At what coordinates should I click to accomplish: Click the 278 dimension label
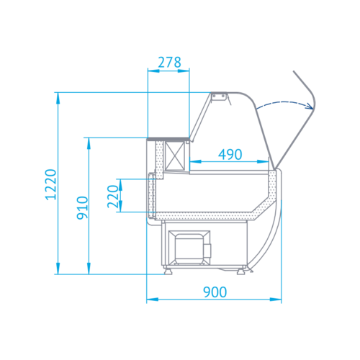coord(169,63)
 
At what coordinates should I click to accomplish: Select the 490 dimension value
coord(230,154)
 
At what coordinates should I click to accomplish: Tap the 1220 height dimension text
coord(51,184)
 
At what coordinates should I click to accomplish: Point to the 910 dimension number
coord(82,207)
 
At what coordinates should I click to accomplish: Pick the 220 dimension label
coord(113,197)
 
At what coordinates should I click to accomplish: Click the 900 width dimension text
coord(215,292)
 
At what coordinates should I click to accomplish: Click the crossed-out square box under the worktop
coord(175,156)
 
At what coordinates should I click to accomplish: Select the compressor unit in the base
coord(189,248)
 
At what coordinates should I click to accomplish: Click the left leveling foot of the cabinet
coord(168,271)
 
